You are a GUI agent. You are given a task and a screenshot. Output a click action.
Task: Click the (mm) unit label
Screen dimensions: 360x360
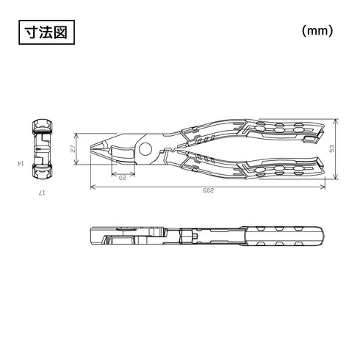click(x=317, y=32)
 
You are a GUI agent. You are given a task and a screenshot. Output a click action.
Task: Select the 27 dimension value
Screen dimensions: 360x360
click(x=73, y=148)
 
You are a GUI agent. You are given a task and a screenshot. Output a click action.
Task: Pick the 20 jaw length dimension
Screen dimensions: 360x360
click(x=123, y=177)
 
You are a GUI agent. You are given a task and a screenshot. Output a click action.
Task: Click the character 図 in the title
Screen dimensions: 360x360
click(x=62, y=33)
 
